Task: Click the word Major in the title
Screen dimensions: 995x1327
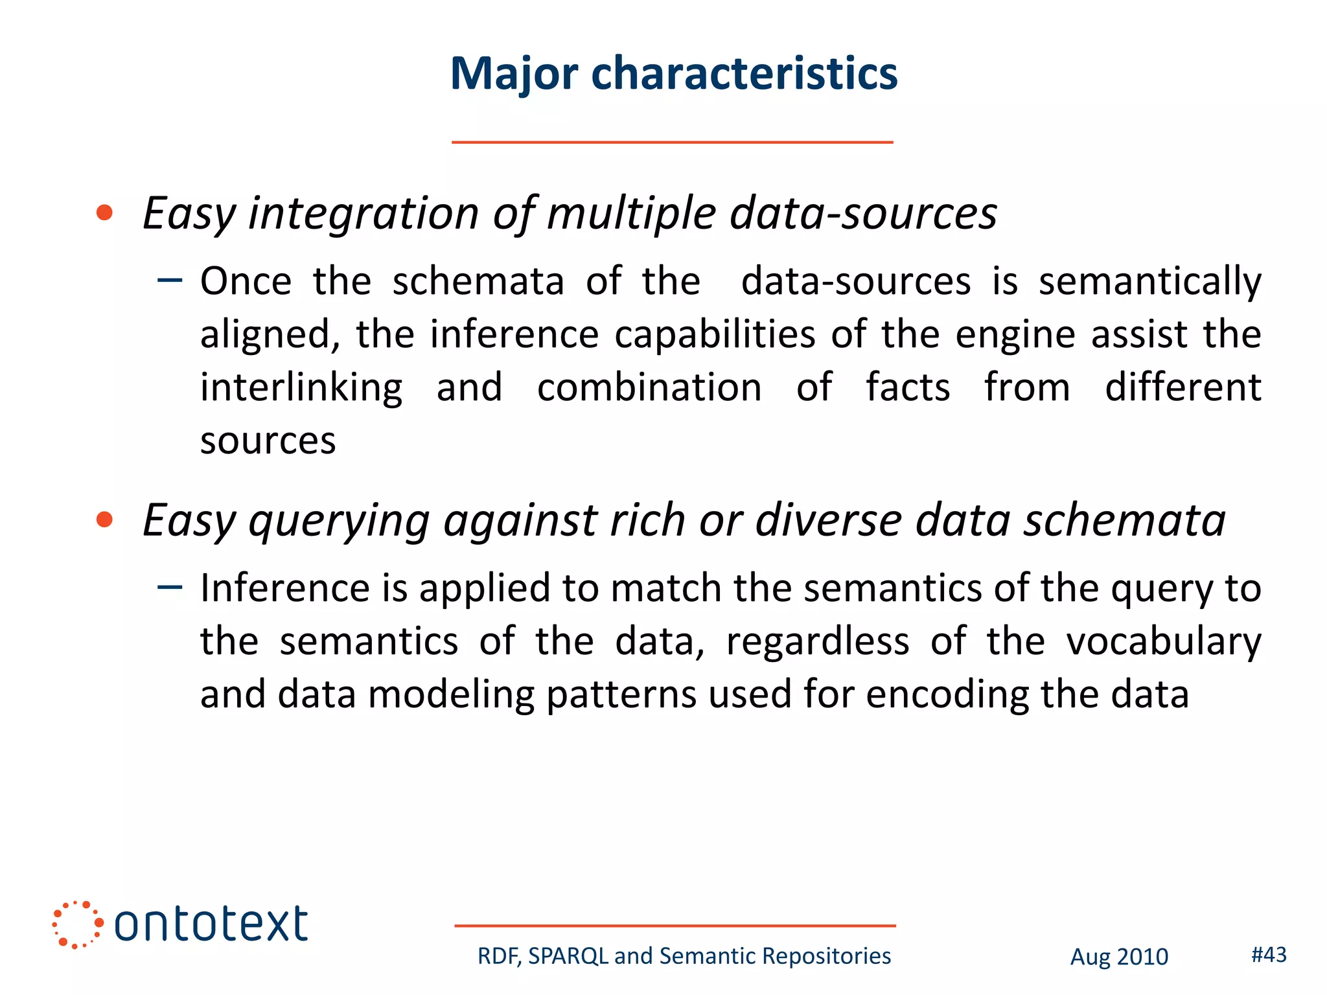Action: [514, 74]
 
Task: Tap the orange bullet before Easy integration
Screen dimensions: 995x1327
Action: [104, 212]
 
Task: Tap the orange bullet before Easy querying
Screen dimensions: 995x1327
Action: [104, 520]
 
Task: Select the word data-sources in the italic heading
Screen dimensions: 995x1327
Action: [863, 214]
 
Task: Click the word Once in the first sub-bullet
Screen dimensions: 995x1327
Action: [246, 282]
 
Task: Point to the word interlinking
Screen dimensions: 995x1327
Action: [301, 388]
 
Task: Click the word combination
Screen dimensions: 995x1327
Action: [649, 388]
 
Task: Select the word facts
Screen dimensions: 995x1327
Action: [908, 388]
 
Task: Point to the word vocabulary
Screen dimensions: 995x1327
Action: [1163, 643]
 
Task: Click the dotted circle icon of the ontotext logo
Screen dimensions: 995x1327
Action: [77, 924]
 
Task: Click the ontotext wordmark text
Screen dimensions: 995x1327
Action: [211, 924]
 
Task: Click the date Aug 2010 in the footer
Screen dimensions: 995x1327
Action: [1119, 957]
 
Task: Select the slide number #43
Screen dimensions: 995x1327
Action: [1269, 954]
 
